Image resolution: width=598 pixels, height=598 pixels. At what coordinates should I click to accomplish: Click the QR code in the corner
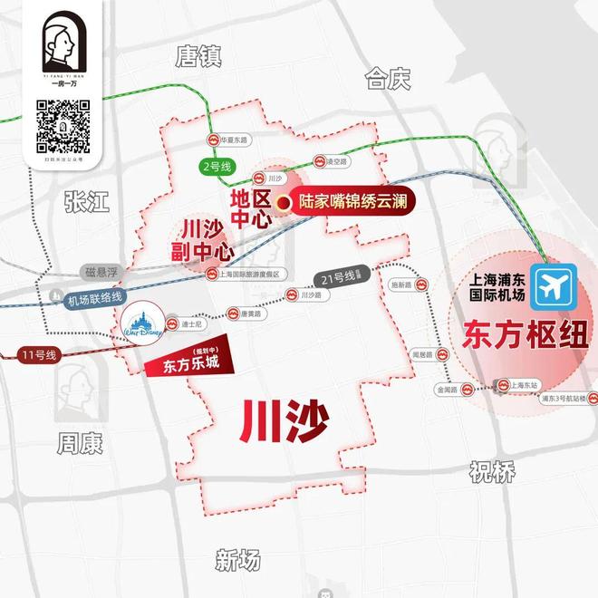pos(63,126)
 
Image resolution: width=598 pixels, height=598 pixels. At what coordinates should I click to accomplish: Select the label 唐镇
pos(198,58)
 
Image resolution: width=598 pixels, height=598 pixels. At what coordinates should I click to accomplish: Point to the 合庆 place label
pos(388,79)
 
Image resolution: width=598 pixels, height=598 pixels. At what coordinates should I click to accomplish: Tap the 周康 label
pos(80,443)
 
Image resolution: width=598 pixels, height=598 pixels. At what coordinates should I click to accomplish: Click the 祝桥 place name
pos(492,470)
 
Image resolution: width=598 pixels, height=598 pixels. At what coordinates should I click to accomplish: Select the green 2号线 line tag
pos(217,167)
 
